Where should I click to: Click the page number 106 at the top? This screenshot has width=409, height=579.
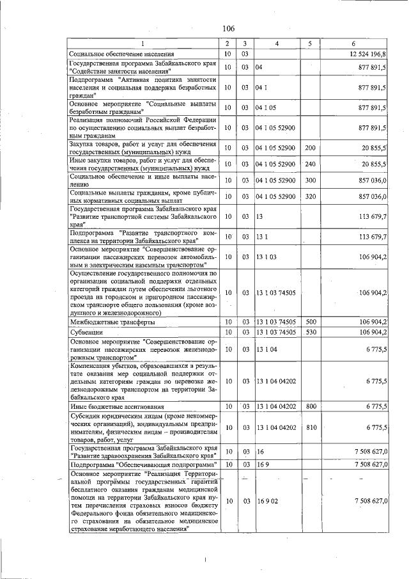[x=229, y=29]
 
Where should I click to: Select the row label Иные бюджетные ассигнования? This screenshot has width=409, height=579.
[x=116, y=406]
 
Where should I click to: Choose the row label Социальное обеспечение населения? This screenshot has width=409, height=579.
[x=121, y=54]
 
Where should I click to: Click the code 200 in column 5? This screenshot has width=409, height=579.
[x=311, y=148]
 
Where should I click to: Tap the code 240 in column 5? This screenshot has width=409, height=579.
[x=311, y=164]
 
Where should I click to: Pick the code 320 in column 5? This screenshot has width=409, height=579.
[x=311, y=196]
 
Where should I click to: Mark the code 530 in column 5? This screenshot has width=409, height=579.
[x=311, y=332]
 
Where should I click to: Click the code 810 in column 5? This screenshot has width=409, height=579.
[x=311, y=427]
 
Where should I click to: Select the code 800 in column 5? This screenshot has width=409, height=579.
[x=311, y=406]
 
